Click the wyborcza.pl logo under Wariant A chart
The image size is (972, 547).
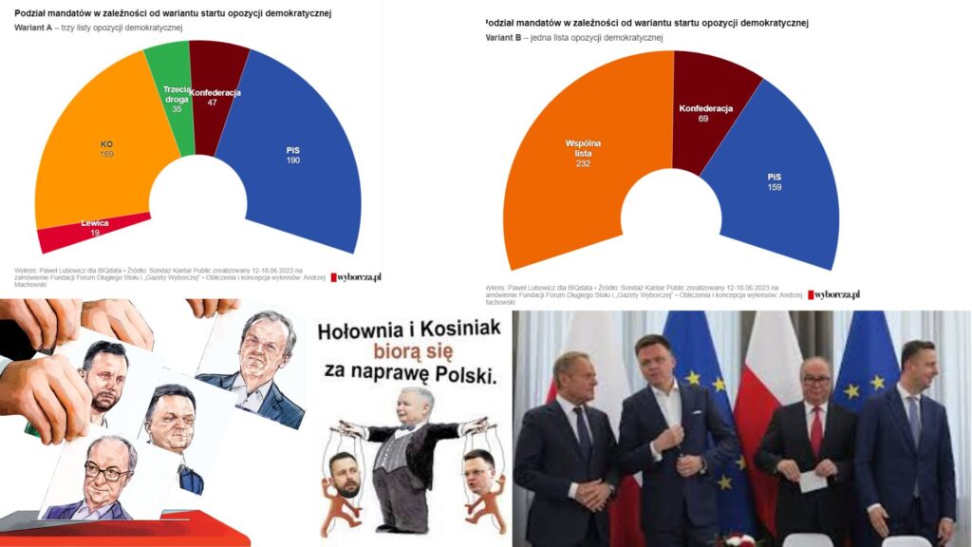click(356, 277)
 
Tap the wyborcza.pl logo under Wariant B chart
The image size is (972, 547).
click(834, 295)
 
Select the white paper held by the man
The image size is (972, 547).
click(813, 481)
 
